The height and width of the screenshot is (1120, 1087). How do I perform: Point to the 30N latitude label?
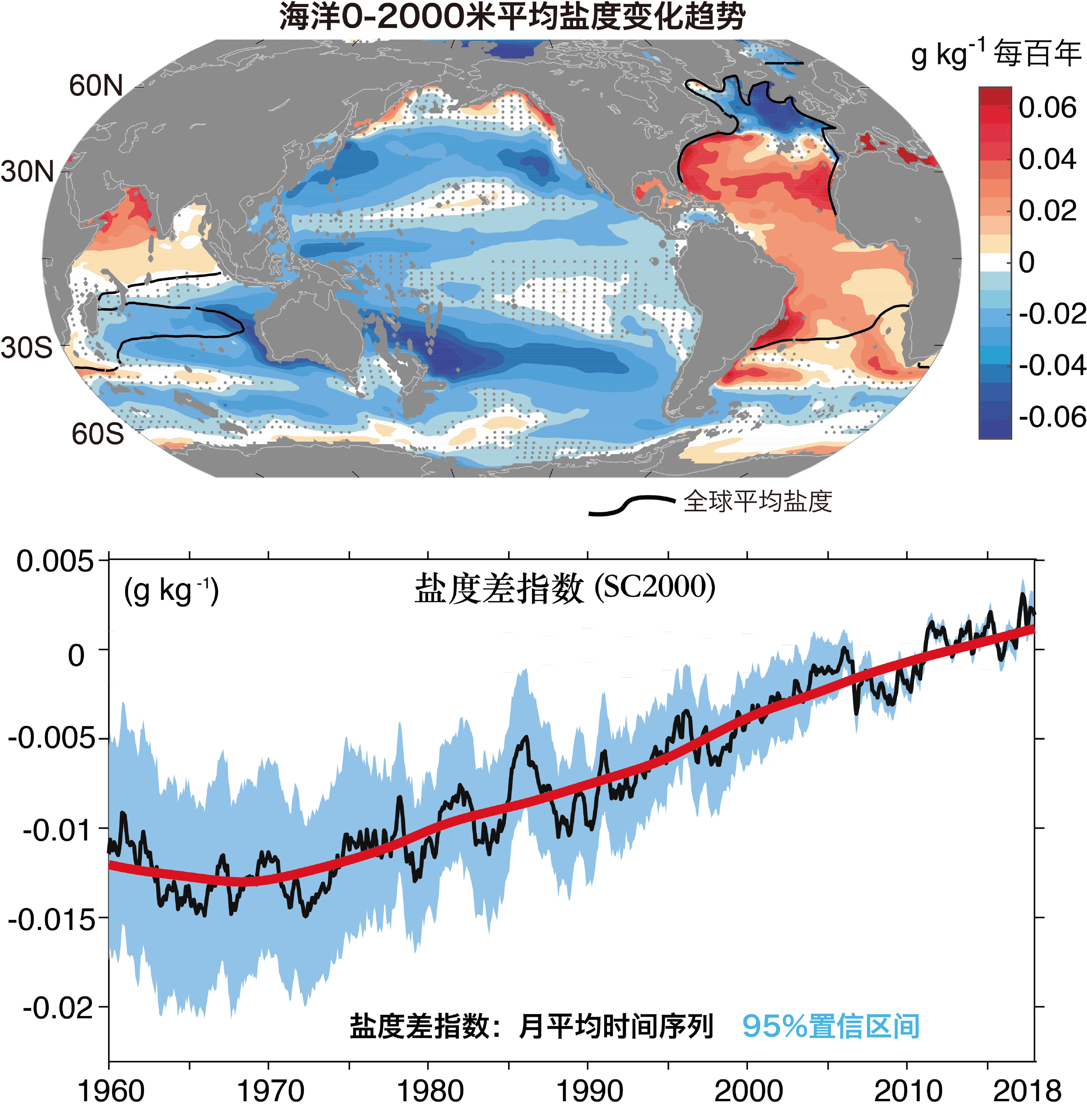point(27,172)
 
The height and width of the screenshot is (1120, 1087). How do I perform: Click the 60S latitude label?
point(97,434)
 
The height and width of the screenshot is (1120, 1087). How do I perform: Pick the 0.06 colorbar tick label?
point(1048,107)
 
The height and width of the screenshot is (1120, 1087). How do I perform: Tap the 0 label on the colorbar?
point(1027,262)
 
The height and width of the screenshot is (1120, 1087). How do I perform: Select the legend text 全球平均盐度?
point(758,501)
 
